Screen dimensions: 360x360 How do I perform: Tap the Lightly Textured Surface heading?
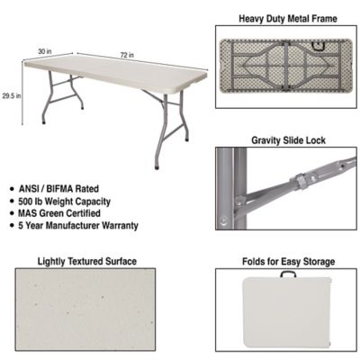click(x=87, y=262)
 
